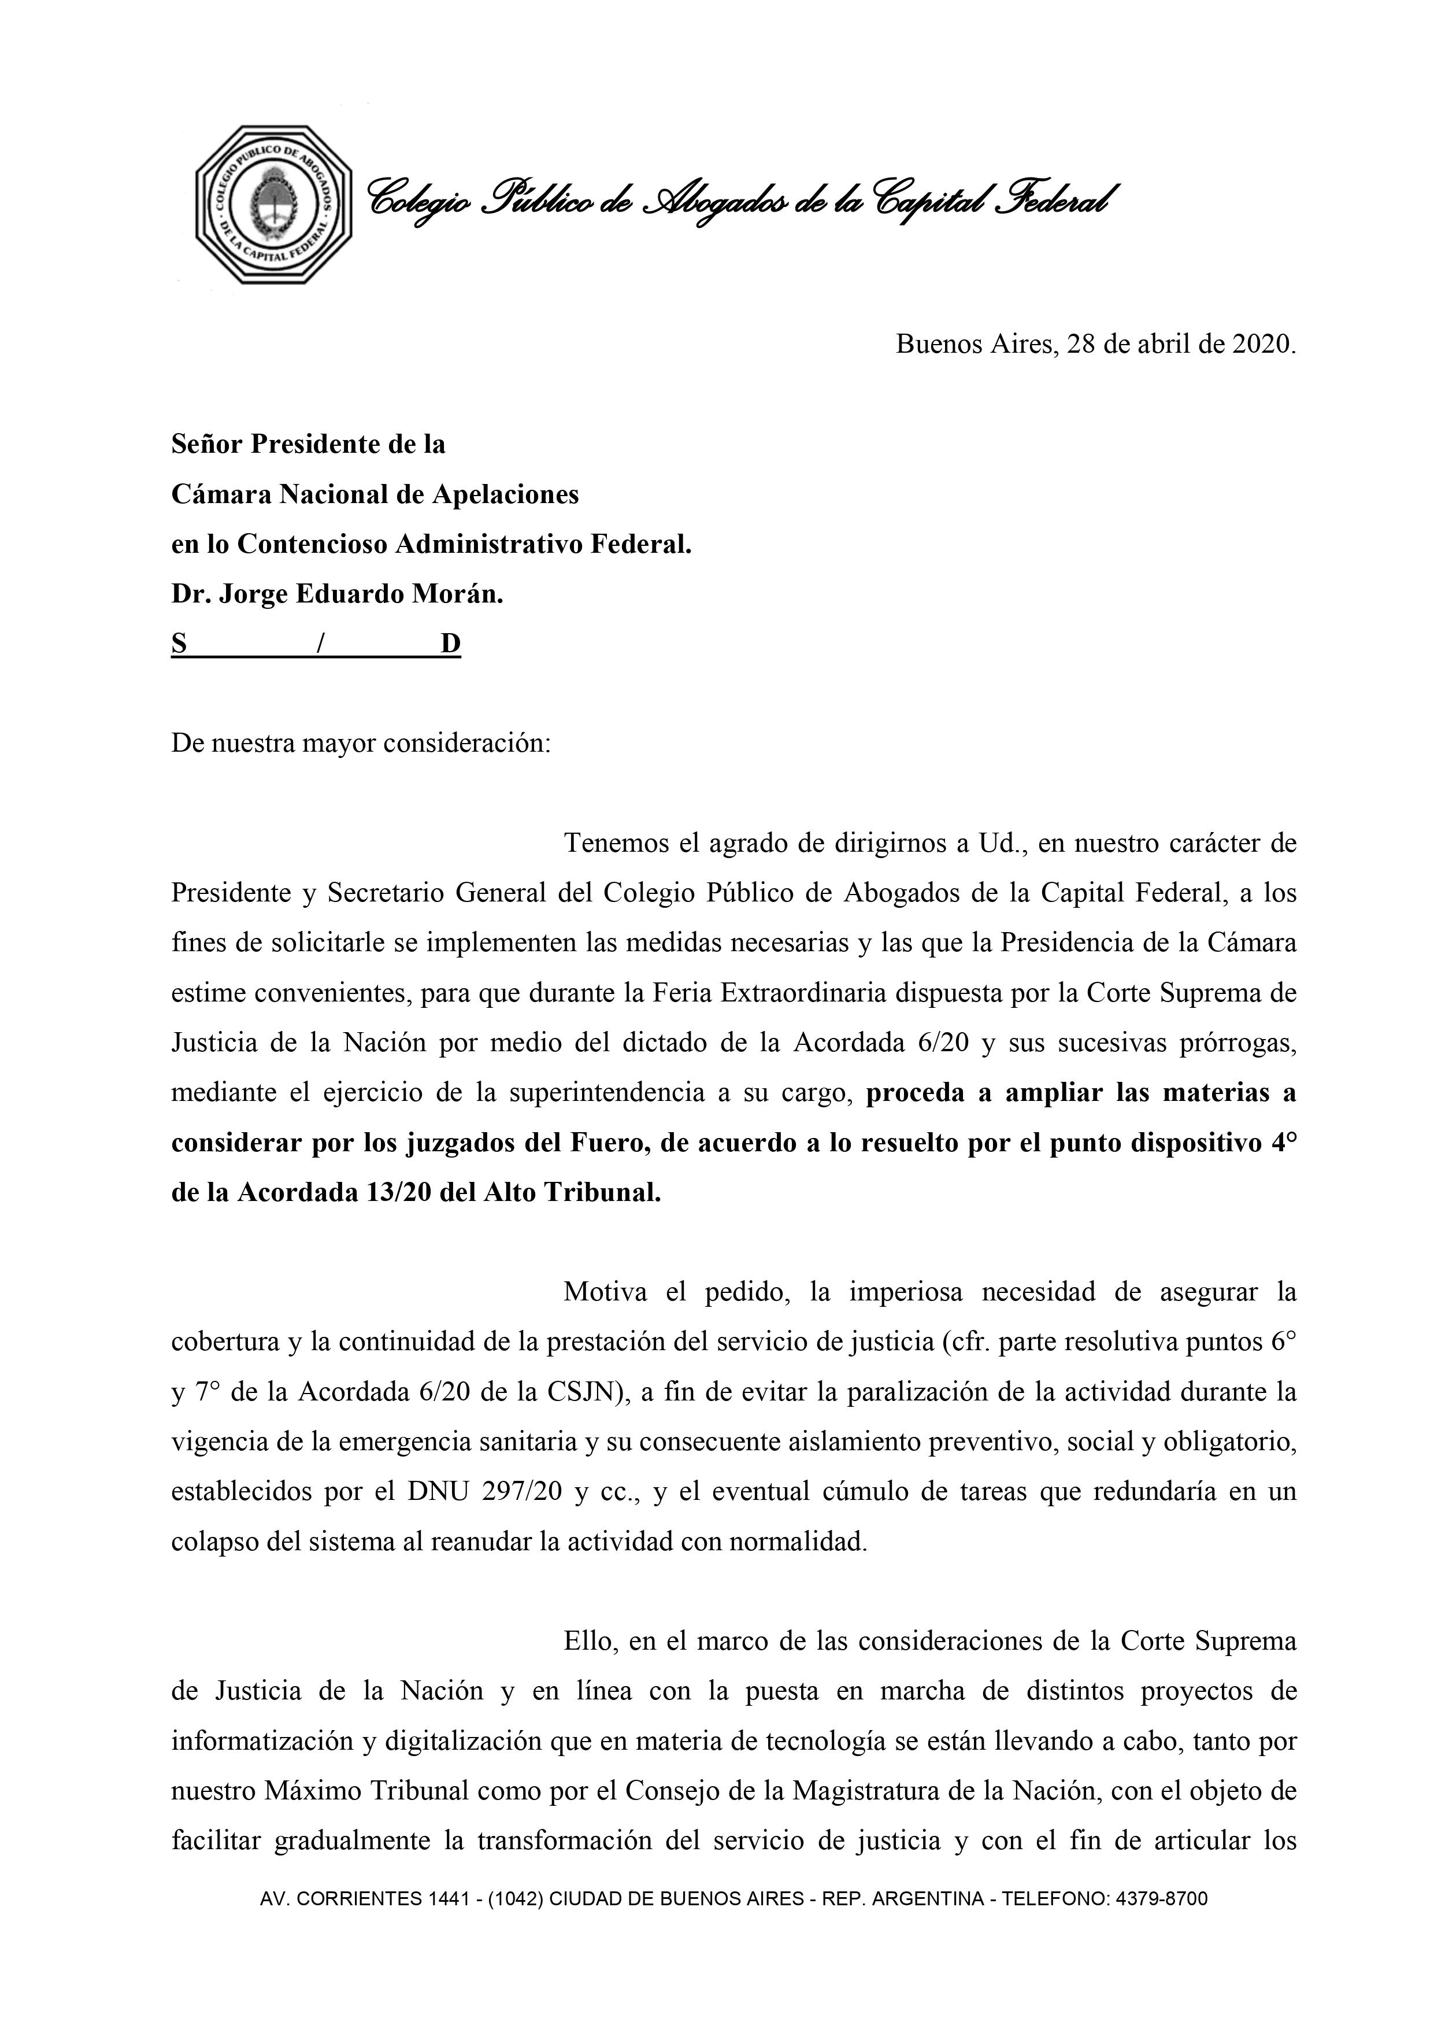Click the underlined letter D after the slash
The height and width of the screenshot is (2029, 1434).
click(x=451, y=644)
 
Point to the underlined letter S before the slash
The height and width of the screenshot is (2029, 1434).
click(x=179, y=644)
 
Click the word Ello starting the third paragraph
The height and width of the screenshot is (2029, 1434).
click(x=588, y=1643)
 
